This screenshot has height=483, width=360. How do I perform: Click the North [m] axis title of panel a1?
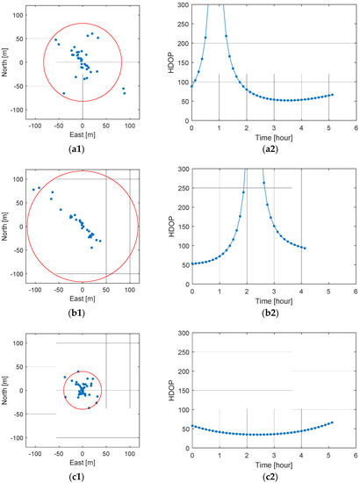click(7, 61)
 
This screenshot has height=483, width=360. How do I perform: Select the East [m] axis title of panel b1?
click(82, 298)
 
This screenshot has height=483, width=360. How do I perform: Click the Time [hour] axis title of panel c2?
click(273, 462)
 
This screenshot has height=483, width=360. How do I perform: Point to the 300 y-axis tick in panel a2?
click(183, 4)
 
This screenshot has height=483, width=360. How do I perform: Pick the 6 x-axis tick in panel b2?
click(355, 289)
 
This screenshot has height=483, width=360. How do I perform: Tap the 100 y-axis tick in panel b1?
click(21, 179)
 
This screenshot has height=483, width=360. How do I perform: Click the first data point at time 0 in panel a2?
click(192, 86)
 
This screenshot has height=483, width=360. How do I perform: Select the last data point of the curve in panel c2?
click(332, 422)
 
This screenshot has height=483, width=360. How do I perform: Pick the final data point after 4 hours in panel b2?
click(305, 248)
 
